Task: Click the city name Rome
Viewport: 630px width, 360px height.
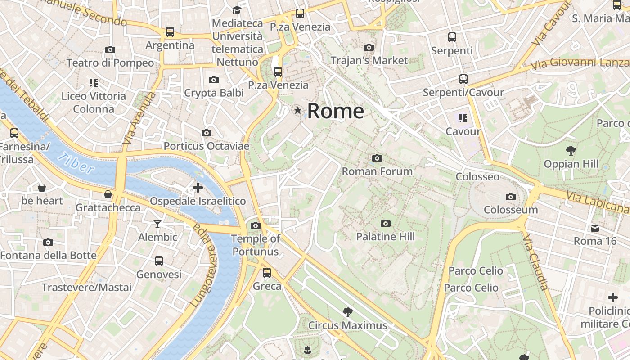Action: coord(335,111)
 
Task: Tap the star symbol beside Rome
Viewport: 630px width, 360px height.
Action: coord(297,110)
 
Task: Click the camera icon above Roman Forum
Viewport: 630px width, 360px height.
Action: coord(377,158)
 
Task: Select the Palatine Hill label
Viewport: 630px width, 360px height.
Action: coord(385,237)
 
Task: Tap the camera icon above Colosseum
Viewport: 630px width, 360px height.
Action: coord(510,197)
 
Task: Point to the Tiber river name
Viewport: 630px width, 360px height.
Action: coord(76,163)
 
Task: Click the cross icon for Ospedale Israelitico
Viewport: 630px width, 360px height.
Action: coord(198,188)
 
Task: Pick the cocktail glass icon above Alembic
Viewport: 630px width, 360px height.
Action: coord(157,224)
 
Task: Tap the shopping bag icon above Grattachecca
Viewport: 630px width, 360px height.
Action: coord(108,194)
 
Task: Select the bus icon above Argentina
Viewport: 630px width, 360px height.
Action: coord(170,32)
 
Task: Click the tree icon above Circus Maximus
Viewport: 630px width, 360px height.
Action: coord(347,312)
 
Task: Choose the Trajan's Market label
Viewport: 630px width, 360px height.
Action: coord(369,60)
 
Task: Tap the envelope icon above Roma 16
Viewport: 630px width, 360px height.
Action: coord(595,228)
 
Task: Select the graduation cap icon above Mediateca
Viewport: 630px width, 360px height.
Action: coord(237,10)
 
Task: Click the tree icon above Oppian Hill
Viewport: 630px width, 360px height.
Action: coord(571,150)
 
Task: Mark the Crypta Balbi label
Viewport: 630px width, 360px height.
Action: coord(214,93)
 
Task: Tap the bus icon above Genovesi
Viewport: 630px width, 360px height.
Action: coord(159,261)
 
